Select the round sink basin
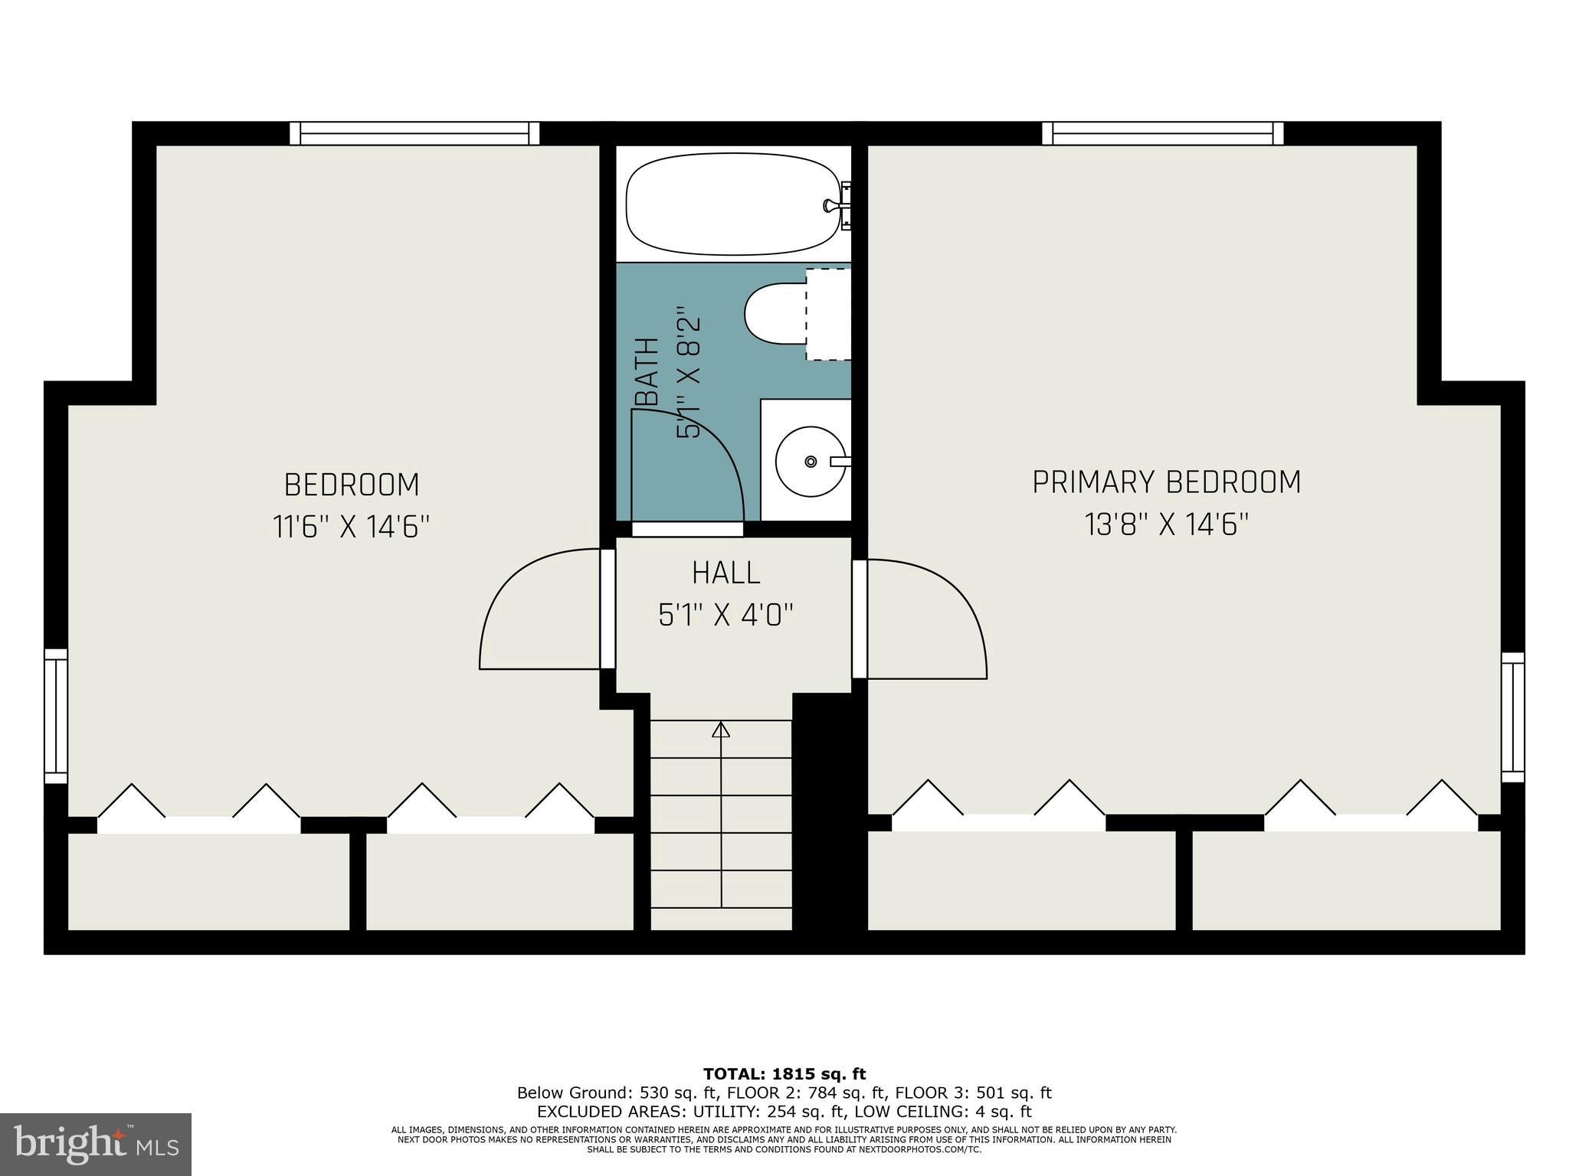click(811, 461)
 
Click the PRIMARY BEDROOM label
click(1166, 482)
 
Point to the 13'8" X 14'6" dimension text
click(1166, 525)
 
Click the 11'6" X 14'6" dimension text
click(352, 527)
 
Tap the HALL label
click(726, 573)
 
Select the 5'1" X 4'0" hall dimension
click(726, 615)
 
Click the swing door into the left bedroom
click(536, 612)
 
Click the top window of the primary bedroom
click(1162, 134)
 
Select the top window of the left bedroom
click(414, 134)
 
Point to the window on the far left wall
click(56, 716)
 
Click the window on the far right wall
click(1512, 717)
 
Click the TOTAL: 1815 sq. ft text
click(784, 1074)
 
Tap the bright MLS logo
click(96, 1145)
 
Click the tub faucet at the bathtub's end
click(835, 205)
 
